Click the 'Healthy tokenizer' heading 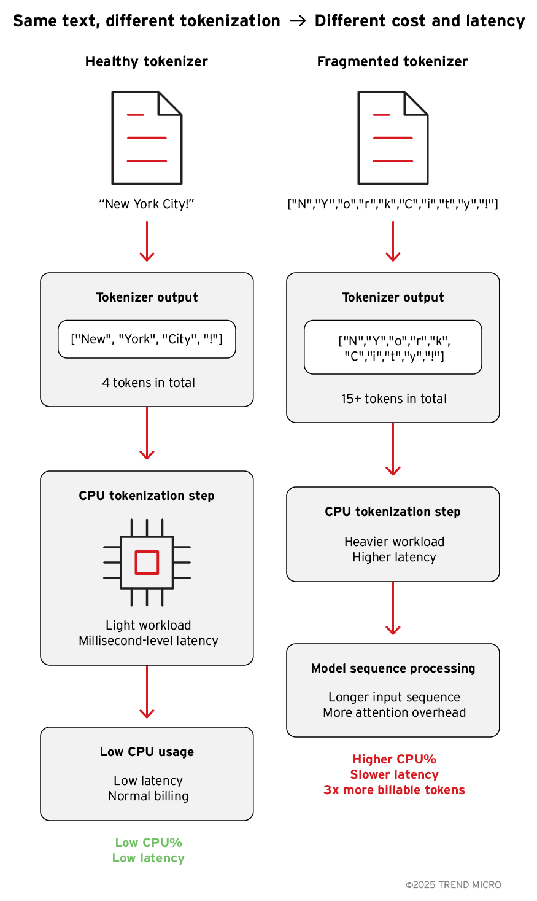(x=147, y=61)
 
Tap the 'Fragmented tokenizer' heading (x=393, y=61)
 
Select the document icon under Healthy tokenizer (x=147, y=138)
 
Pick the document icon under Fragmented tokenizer (x=393, y=138)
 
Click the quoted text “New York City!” (x=147, y=204)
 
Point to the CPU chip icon (x=147, y=562)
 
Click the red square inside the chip (x=147, y=562)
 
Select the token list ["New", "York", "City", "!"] (x=147, y=339)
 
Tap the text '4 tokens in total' (x=149, y=383)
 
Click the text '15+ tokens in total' (x=394, y=399)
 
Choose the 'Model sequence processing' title (x=393, y=668)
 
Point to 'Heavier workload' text (x=394, y=542)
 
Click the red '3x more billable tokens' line (x=394, y=790)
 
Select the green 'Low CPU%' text (x=149, y=843)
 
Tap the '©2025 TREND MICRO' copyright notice (x=454, y=885)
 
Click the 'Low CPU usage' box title (x=147, y=752)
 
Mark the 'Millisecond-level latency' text (x=149, y=641)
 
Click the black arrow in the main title (x=298, y=21)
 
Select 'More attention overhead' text (x=394, y=712)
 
